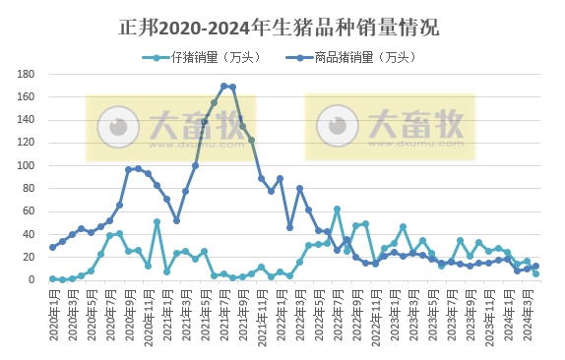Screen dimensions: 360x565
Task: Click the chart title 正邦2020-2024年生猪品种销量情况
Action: [282, 26]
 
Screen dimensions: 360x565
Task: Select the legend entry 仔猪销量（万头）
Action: [201, 57]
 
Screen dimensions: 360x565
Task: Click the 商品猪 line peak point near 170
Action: [223, 86]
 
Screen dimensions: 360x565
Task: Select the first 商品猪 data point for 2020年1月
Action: [52, 247]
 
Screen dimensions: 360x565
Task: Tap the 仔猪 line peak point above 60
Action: [337, 209]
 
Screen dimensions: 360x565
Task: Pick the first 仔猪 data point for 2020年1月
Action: [52, 278]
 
